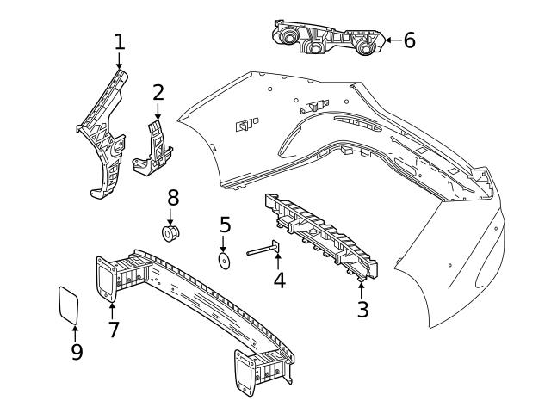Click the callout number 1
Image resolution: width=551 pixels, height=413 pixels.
120,41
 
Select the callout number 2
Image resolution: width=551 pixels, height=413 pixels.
158,93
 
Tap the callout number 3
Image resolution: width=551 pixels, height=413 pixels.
362,309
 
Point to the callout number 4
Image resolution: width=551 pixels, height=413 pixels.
279,280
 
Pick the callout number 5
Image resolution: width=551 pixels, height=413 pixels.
225,225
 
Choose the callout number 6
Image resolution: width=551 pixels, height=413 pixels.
409,40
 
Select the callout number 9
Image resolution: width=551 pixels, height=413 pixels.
77,351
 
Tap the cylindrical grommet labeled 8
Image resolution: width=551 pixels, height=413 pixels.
171,232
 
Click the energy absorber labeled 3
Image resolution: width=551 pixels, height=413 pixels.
323,237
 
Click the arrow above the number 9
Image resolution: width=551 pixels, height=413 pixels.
76,331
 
